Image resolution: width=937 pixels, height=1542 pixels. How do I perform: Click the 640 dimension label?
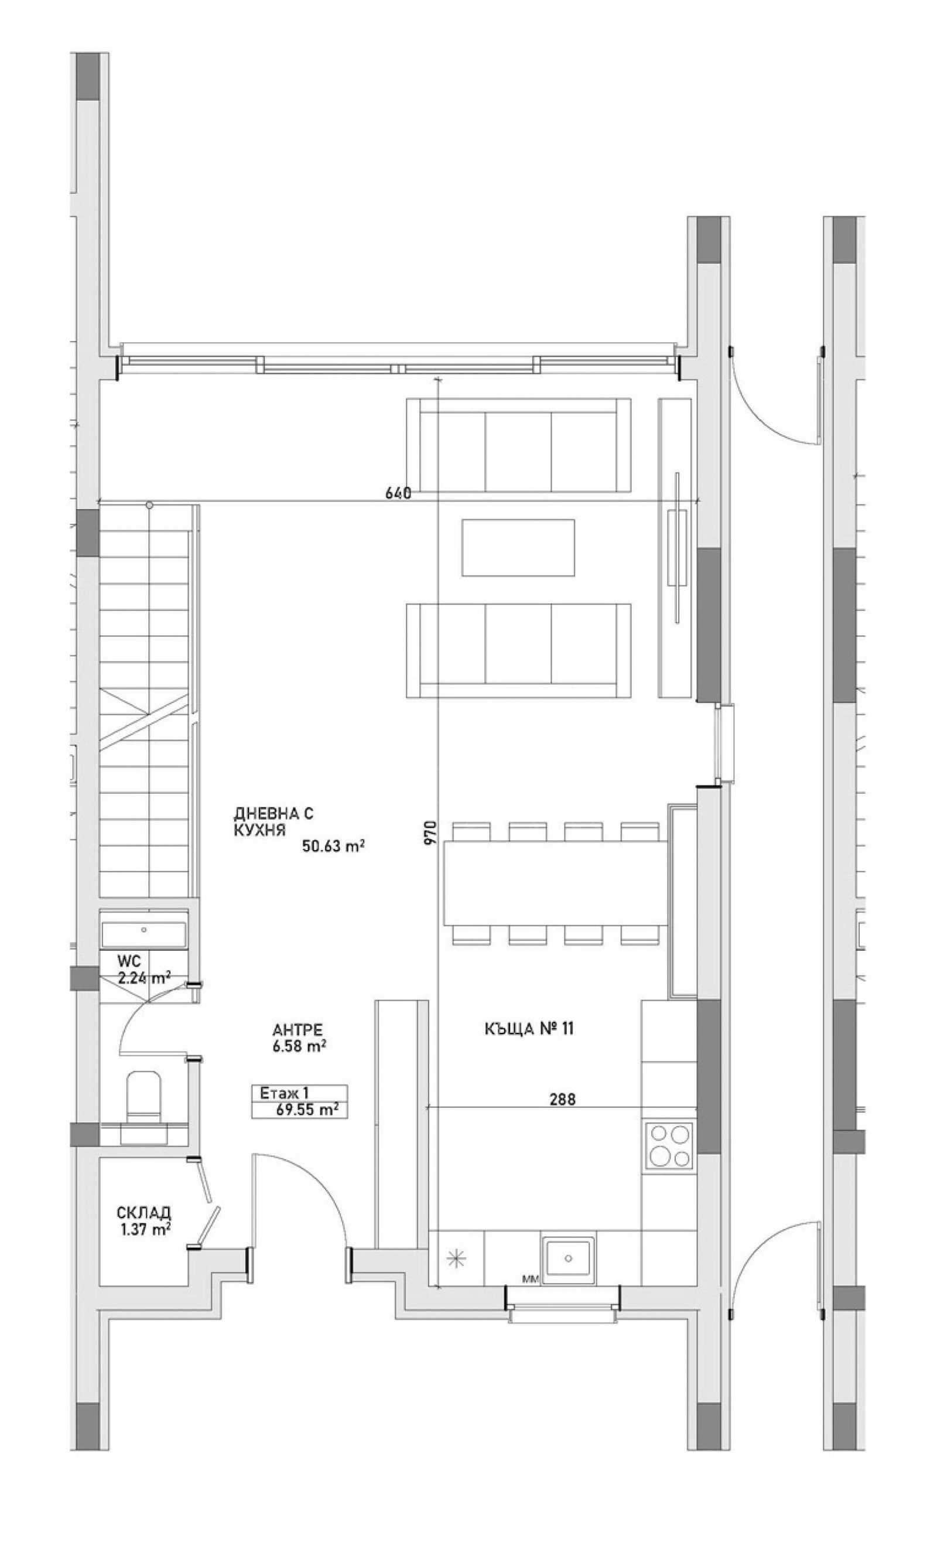398,493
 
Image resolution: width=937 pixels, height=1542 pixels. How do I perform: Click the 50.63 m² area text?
333,846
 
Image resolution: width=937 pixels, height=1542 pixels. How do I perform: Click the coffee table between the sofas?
518,547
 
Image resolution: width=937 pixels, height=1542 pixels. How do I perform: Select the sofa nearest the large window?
518,446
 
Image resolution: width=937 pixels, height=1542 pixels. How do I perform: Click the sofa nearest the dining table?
518,650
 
